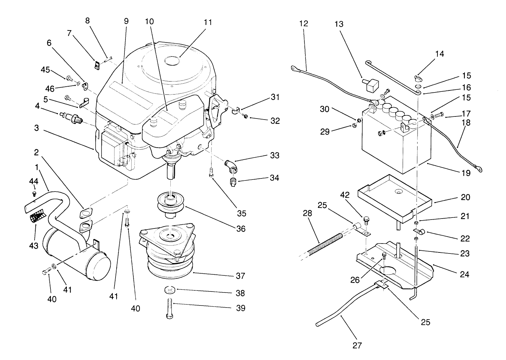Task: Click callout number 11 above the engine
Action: (207, 23)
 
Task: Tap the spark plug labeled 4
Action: (72, 117)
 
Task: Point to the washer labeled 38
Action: (169, 290)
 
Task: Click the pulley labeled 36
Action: (170, 203)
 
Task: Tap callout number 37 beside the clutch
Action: (241, 276)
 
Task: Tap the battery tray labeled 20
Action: (394, 197)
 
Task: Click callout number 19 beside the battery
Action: (465, 173)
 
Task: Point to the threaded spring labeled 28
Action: (319, 243)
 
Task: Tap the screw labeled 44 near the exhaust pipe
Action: (34, 194)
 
